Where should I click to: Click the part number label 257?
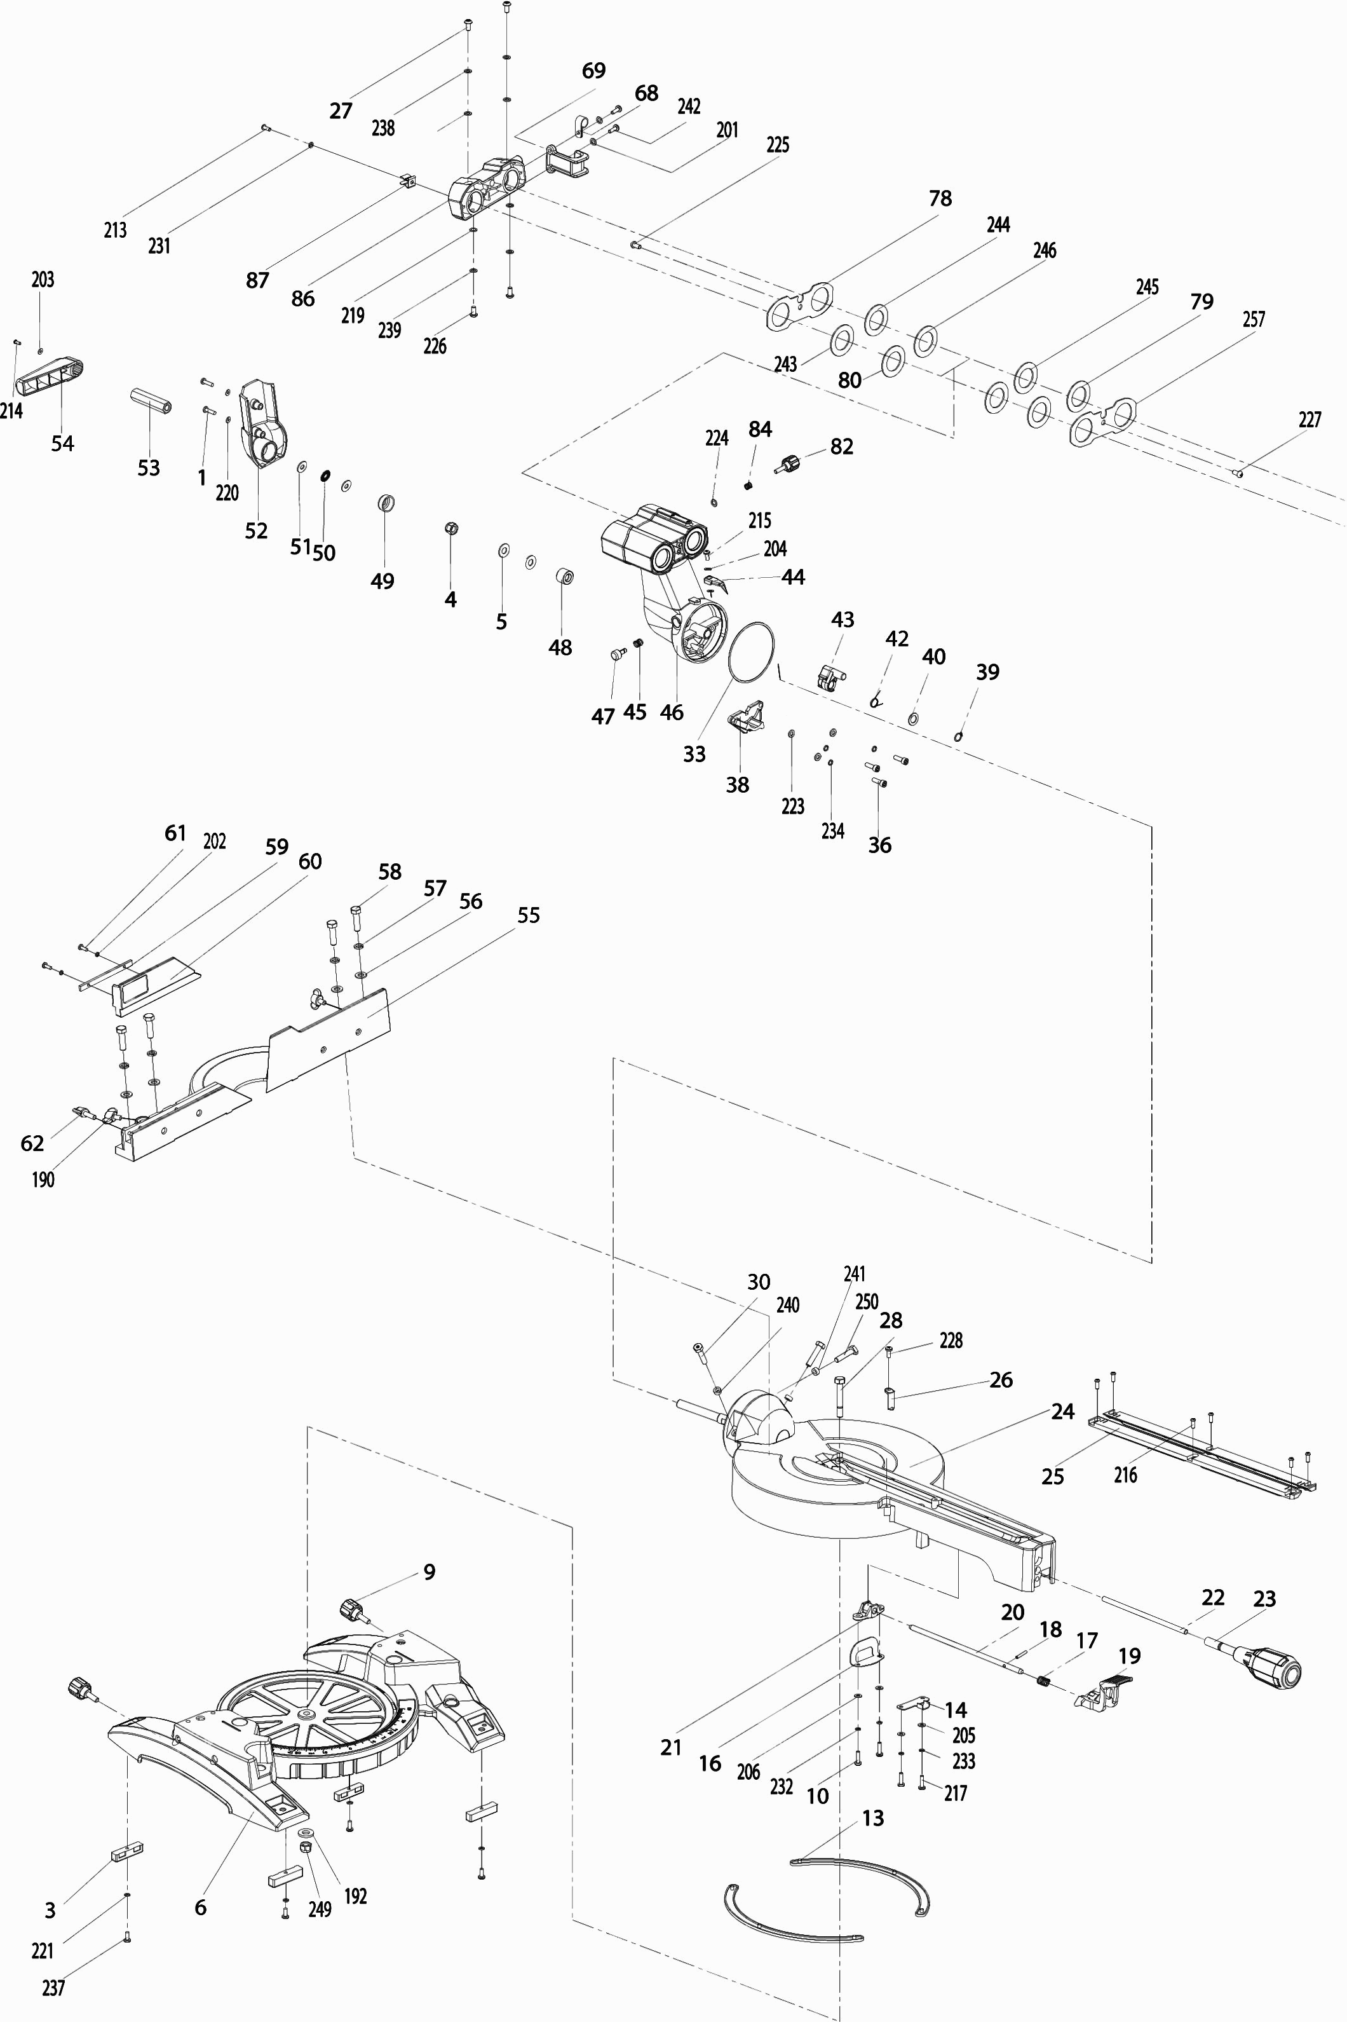[1254, 320]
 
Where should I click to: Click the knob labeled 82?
[790, 465]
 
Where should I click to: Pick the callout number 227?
[1310, 420]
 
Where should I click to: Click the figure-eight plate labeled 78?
[799, 305]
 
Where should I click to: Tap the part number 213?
[115, 230]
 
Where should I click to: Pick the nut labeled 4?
[449, 528]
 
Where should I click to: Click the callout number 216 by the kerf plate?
[1125, 1475]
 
